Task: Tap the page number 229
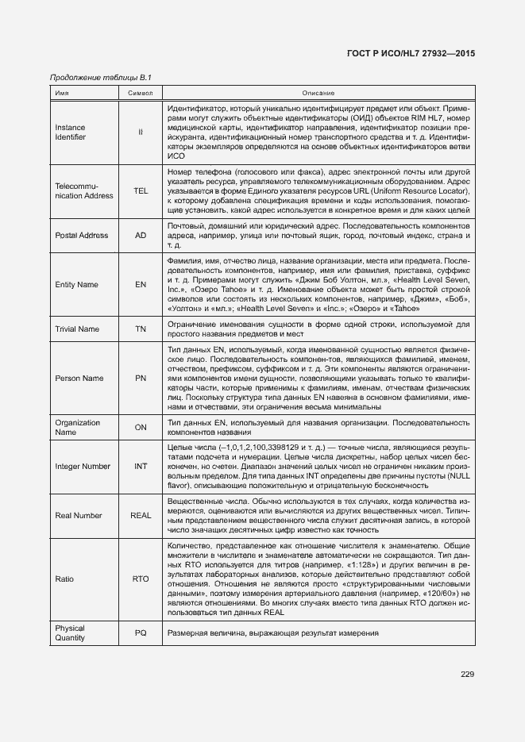[x=467, y=675]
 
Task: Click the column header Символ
[x=141, y=94]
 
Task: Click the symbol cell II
[x=141, y=132]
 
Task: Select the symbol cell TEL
[x=141, y=191]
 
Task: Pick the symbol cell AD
[x=141, y=236]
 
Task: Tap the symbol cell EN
[x=141, y=285]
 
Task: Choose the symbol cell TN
[x=141, y=329]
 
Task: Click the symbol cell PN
[x=141, y=379]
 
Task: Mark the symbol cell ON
[x=141, y=427]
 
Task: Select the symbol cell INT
[x=141, y=467]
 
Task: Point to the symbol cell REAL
[x=141, y=516]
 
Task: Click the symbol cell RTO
[x=141, y=579]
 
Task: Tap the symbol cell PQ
[x=141, y=633]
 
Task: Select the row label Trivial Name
[x=77, y=329]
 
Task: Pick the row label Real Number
[x=79, y=516]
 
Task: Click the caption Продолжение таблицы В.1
[x=100, y=77]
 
